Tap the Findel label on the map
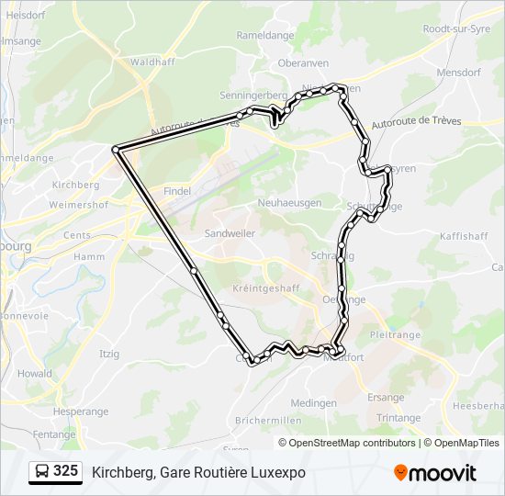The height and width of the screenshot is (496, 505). [x=177, y=191]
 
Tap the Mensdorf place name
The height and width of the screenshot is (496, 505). [x=459, y=71]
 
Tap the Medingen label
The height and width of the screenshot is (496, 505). [x=313, y=403]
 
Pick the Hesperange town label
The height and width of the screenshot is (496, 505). [x=80, y=412]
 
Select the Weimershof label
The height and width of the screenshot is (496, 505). [x=80, y=206]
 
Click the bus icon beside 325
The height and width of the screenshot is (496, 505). [x=42, y=472]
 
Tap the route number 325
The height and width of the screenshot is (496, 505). [x=65, y=471]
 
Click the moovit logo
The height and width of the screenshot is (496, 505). [x=435, y=473]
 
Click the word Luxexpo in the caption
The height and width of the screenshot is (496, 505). [x=276, y=473]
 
